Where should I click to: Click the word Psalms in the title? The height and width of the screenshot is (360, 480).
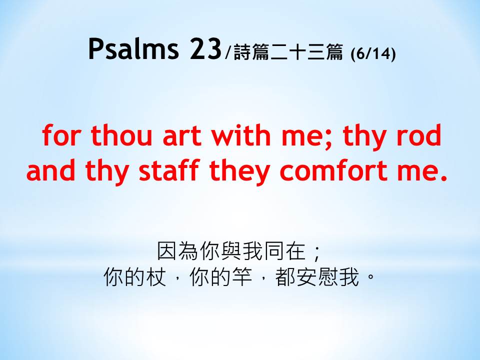[133, 48]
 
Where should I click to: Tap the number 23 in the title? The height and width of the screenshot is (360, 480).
[205, 48]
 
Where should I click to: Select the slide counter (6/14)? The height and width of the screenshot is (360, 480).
[373, 54]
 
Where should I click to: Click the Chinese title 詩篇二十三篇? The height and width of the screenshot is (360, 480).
[288, 52]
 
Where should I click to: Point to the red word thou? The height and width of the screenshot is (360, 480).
[121, 135]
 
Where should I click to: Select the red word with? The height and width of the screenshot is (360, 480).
[241, 135]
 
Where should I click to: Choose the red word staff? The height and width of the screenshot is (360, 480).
[169, 169]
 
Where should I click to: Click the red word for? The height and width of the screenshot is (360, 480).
[61, 135]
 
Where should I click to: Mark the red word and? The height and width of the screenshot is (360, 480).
[51, 169]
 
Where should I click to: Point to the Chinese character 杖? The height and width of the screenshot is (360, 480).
[156, 277]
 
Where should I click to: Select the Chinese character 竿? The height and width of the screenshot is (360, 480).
[242, 277]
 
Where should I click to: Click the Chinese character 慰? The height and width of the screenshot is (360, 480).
[328, 277]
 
